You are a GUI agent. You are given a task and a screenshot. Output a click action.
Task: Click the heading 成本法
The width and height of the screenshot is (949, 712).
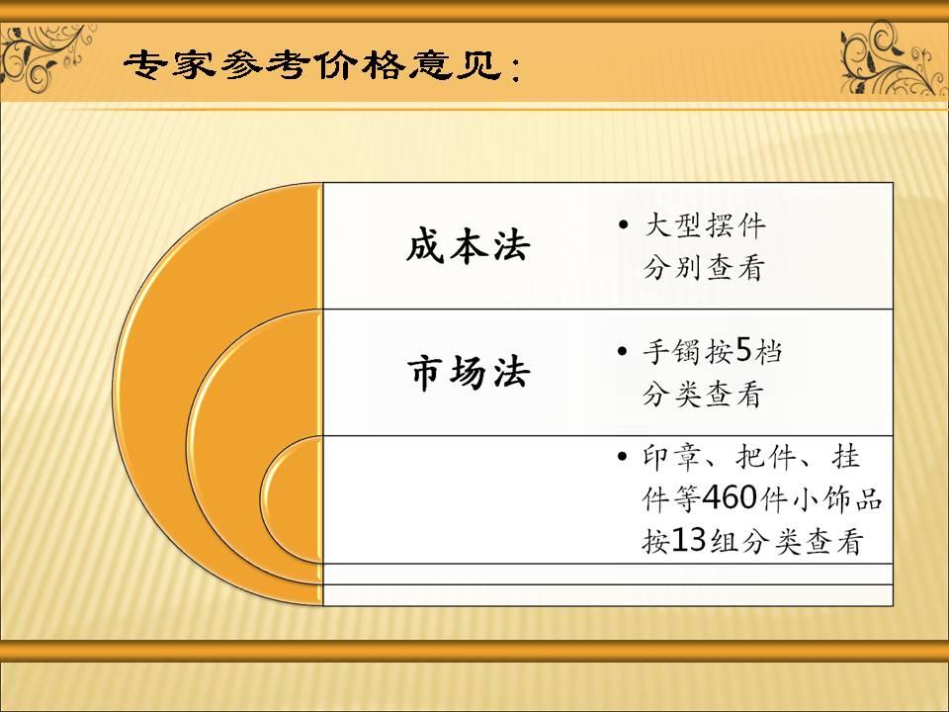(468, 246)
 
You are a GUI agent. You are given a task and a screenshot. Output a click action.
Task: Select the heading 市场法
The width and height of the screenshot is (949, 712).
(468, 373)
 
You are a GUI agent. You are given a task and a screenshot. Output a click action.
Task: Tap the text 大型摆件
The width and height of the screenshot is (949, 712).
(705, 225)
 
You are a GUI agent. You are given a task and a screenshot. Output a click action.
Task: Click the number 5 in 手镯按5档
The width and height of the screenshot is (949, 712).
(744, 350)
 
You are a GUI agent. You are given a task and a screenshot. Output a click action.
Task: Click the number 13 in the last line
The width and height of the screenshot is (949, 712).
(690, 543)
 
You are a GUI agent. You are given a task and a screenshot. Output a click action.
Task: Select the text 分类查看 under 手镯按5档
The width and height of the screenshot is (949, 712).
(703, 395)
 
